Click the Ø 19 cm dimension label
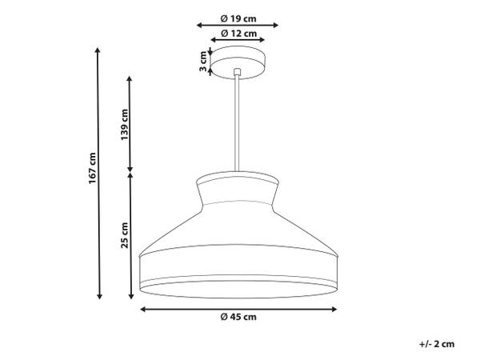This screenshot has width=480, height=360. click(x=238, y=18)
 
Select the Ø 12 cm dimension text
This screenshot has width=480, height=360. click(x=238, y=33)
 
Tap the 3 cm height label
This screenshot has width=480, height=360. click(x=203, y=62)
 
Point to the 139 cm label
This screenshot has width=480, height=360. click(x=124, y=124)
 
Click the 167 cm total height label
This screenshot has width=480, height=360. click(x=93, y=168)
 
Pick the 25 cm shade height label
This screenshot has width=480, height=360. click(x=124, y=235)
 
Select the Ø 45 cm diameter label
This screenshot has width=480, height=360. click(x=238, y=317)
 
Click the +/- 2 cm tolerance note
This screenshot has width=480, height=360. click(x=437, y=344)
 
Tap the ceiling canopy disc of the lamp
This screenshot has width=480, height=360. click(x=238, y=62)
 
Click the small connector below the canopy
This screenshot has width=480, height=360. click(x=237, y=72)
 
